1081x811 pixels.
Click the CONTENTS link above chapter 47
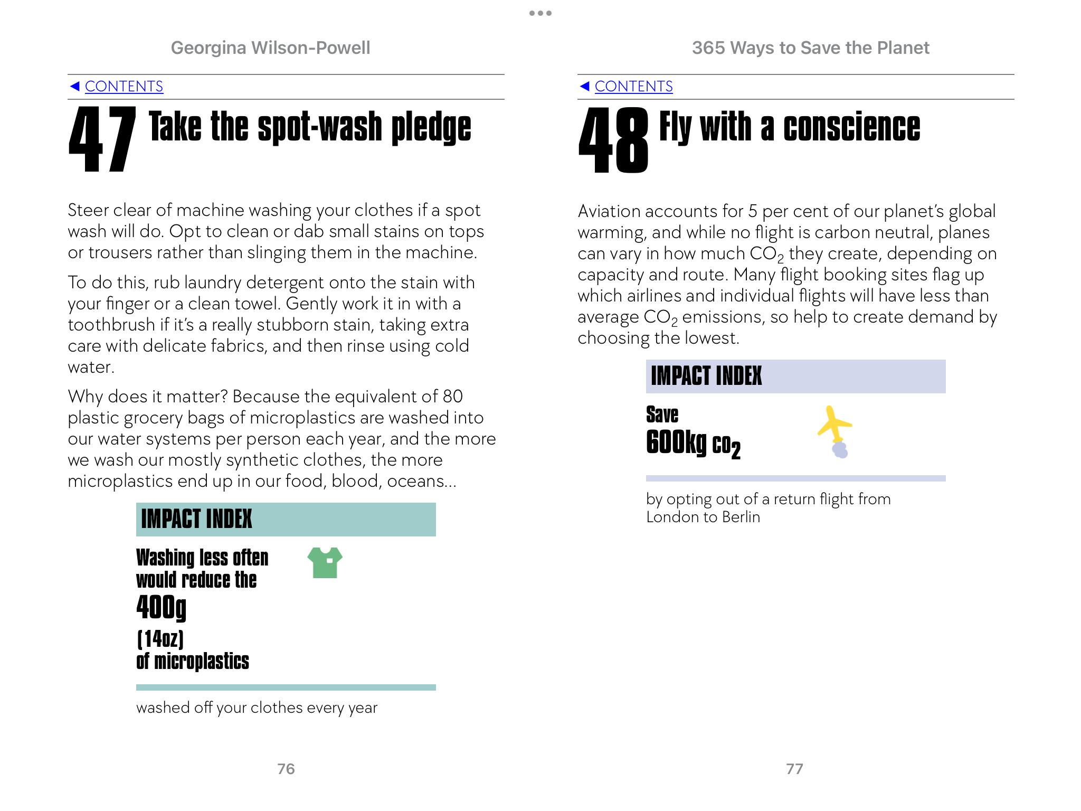coord(124,86)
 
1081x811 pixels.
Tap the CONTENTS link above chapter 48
coord(633,86)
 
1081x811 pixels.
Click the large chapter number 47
coord(102,140)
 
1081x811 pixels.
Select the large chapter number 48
coord(613,140)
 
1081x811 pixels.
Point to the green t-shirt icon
coord(325,562)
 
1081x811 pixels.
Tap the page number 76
coord(286,769)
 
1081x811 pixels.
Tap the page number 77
coord(794,769)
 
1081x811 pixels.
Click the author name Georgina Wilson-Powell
coord(270,48)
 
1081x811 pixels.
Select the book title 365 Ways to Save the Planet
coord(810,48)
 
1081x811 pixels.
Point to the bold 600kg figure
coord(676,442)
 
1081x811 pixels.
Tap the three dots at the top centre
coord(540,13)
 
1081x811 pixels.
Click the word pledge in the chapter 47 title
coord(431,128)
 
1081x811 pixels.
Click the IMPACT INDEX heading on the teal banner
coord(196,519)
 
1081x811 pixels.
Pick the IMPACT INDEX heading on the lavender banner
coord(706,376)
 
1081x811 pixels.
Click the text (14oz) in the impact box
coord(160,639)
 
